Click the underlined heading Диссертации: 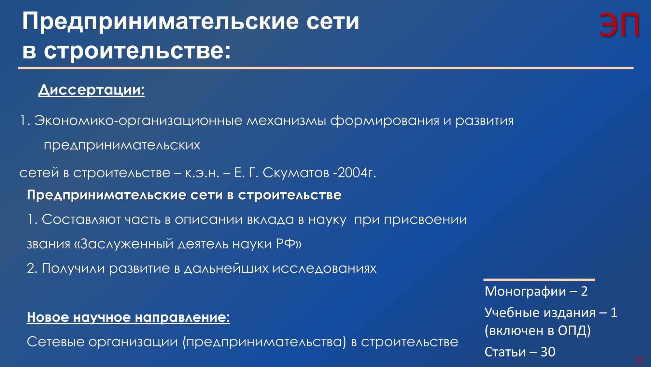coord(92,90)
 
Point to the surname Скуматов coord(296,173)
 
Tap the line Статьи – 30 coord(520,352)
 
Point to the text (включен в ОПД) coord(538,331)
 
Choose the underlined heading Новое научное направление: coord(128,317)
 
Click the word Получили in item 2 coord(74,268)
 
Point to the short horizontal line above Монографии coord(539,280)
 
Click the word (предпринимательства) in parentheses coord(264,342)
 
